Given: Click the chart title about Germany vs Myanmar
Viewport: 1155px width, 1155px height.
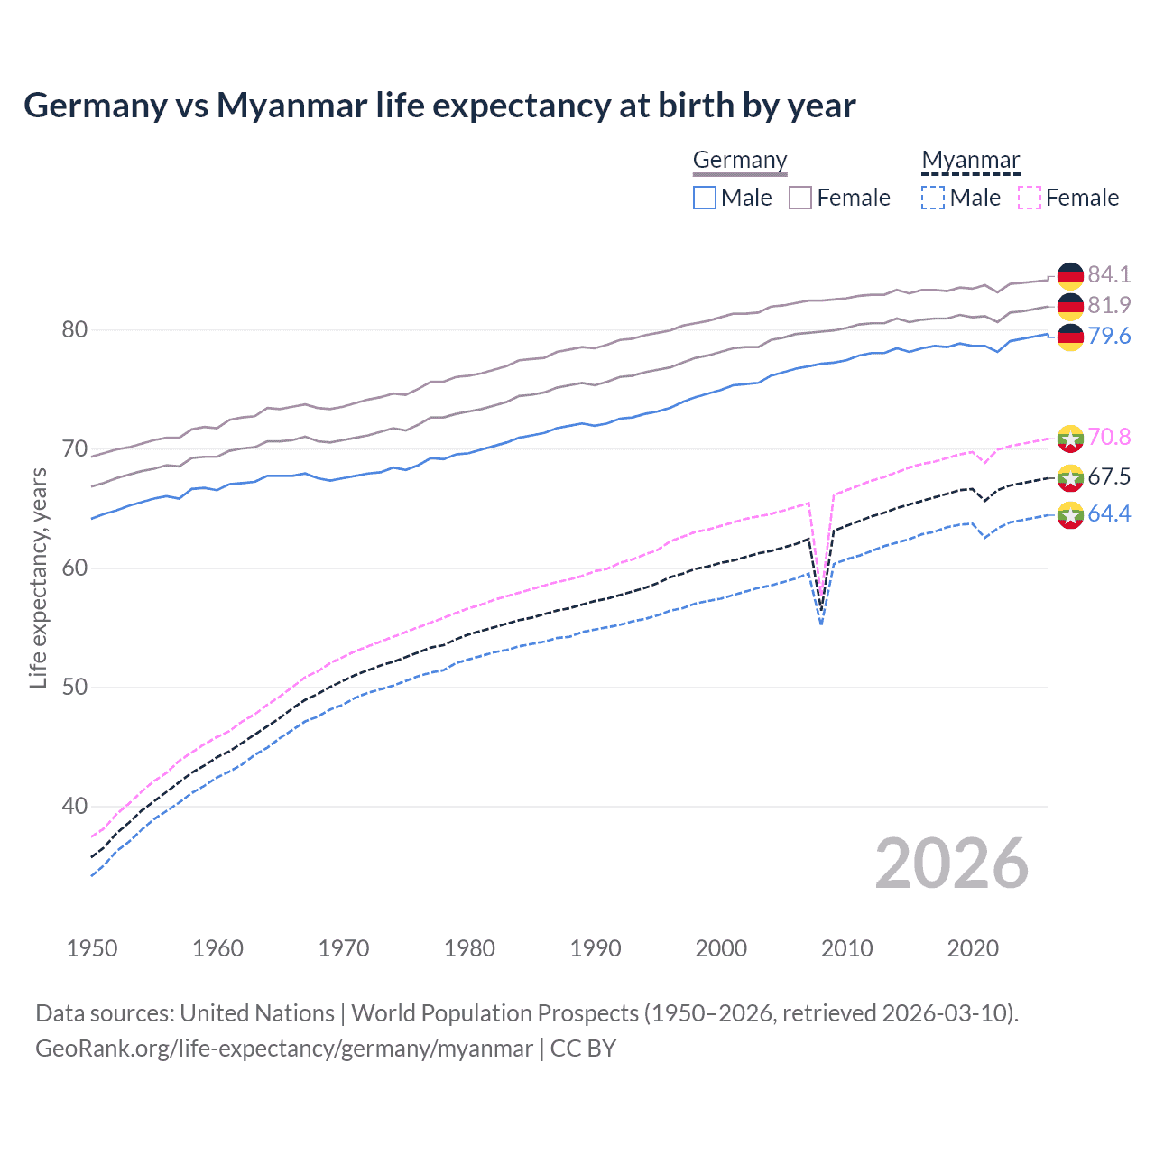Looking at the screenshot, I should pyautogui.click(x=439, y=106).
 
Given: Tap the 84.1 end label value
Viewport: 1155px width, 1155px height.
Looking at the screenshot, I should pyautogui.click(x=1109, y=274).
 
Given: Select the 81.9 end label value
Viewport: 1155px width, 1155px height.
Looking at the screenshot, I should pyautogui.click(x=1109, y=305).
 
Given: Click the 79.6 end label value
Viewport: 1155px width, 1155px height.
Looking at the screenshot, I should pyautogui.click(x=1109, y=336).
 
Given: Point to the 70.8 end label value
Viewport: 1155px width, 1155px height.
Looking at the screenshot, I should pyautogui.click(x=1109, y=437).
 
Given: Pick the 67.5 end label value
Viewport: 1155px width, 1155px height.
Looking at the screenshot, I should pyautogui.click(x=1109, y=476).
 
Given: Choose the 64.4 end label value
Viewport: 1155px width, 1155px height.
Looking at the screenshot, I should pyautogui.click(x=1109, y=513).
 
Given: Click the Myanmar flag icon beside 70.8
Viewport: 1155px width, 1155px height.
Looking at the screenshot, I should pyautogui.click(x=1070, y=438).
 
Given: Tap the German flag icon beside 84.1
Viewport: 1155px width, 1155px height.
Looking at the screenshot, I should pyautogui.click(x=1070, y=275).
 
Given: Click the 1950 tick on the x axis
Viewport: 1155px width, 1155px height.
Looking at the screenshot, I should pyautogui.click(x=92, y=948).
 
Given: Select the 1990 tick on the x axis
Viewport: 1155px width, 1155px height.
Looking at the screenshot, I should pyautogui.click(x=596, y=948).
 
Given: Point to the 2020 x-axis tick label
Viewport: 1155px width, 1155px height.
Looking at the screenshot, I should pyautogui.click(x=973, y=948).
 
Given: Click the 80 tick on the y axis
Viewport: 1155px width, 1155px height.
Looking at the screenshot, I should pyautogui.click(x=75, y=330).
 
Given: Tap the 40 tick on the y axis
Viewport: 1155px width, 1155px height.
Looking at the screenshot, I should pyautogui.click(x=75, y=806).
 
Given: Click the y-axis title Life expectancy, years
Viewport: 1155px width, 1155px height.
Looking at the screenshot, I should pyautogui.click(x=38, y=577).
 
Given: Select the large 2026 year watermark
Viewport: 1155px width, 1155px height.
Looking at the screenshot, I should pyautogui.click(x=952, y=864).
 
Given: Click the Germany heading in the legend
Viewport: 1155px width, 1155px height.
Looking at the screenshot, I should pyautogui.click(x=740, y=161).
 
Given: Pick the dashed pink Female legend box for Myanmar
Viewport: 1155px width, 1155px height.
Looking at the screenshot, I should pyautogui.click(x=1030, y=198).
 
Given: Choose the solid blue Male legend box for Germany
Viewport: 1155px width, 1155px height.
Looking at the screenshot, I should pyautogui.click(x=705, y=198).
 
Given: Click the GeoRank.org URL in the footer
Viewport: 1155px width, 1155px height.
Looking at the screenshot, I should pyautogui.click(x=283, y=1049).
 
